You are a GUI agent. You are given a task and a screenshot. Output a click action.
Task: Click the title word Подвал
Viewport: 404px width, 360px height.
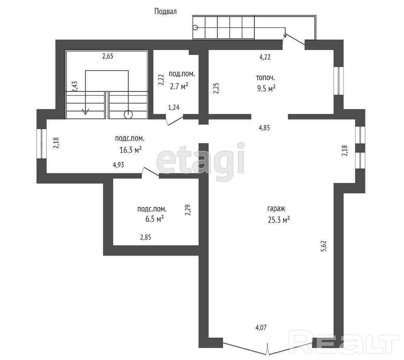point(166,11)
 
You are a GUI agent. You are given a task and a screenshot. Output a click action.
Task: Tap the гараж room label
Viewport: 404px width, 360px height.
point(276,209)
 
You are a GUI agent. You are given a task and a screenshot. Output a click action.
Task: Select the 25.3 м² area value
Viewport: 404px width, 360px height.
point(279,220)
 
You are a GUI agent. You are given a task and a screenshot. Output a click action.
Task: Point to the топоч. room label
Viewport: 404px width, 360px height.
point(265,77)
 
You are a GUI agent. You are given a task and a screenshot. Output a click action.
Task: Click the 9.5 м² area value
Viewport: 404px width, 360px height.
point(266,89)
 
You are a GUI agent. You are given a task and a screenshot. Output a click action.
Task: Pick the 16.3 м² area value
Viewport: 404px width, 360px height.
point(131,150)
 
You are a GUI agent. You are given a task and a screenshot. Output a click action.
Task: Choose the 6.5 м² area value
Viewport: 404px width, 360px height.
point(155,219)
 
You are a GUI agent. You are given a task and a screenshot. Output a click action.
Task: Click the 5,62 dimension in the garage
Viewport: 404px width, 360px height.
point(324,246)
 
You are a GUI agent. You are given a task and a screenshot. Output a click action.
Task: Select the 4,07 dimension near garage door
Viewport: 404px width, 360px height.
point(261,328)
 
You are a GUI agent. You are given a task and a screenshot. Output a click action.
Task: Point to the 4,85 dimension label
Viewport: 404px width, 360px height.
point(264,128)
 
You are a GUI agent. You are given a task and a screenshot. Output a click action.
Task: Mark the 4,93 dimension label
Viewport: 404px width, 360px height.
point(118,165)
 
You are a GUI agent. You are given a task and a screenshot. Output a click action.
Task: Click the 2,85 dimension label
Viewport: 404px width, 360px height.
point(146,237)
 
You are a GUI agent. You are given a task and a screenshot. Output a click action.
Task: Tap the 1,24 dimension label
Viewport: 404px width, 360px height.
point(174,108)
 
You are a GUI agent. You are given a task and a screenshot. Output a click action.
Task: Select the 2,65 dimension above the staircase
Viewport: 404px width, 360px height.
point(108,56)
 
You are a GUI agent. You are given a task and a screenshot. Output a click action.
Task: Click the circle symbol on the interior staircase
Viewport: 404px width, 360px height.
point(128,114)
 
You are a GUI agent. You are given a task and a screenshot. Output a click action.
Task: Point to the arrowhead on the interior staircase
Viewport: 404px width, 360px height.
point(85,112)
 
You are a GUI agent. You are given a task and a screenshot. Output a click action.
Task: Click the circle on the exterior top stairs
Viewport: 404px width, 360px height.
point(196,27)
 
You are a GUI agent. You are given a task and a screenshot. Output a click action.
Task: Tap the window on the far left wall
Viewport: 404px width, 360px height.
point(41,144)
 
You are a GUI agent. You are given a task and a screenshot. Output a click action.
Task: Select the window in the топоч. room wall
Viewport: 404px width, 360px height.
point(339,81)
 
